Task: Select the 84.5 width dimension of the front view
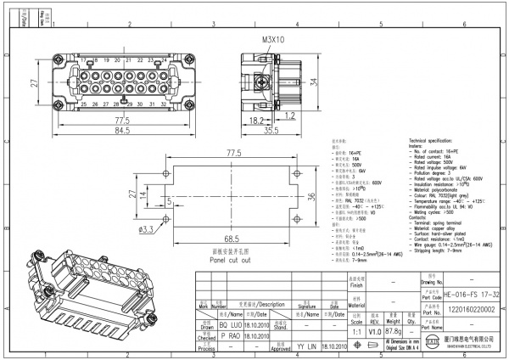pos(122,130)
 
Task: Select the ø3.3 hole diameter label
pos(145,229)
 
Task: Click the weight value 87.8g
pos(393,331)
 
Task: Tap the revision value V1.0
pos(374,331)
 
